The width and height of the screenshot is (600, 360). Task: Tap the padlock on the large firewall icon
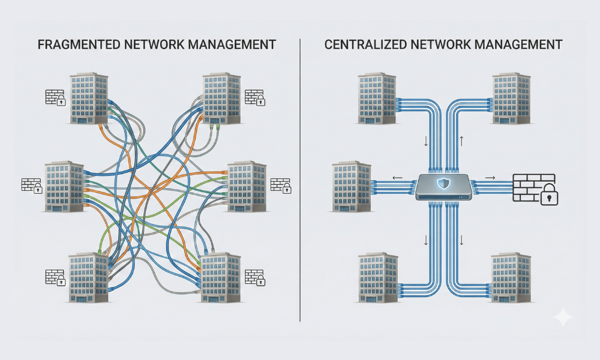[548, 196]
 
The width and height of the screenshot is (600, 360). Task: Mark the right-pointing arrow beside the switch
[490, 178]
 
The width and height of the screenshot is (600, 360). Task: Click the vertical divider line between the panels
[299, 180]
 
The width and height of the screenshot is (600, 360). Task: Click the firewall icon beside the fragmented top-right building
[255, 98]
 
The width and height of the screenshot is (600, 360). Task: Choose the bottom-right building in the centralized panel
[511, 279]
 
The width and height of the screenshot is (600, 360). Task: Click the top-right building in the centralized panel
[511, 98]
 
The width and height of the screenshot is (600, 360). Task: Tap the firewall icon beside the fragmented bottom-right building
[255, 277]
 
